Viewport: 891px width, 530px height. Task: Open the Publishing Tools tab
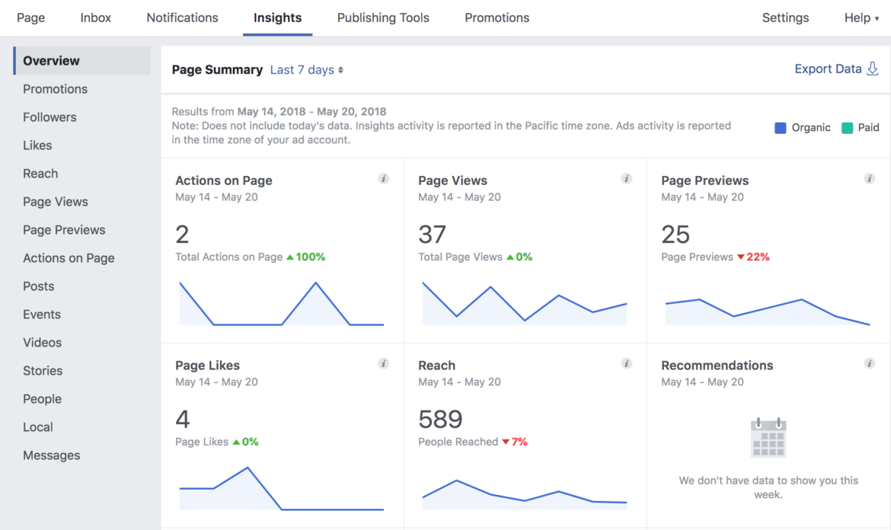383,18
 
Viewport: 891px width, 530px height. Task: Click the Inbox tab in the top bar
96,18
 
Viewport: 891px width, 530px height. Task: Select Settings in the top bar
785,18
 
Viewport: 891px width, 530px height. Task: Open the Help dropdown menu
861,18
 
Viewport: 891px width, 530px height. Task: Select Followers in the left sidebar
49,117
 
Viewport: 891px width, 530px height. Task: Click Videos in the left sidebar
42,343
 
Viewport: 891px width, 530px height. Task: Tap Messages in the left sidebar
51,455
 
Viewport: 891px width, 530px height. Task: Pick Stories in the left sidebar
43,371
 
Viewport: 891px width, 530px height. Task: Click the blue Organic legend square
780,128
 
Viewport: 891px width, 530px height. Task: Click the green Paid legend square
847,128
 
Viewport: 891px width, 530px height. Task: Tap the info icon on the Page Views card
627,179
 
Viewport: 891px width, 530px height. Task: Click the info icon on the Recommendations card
870,364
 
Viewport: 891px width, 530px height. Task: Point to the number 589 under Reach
440,420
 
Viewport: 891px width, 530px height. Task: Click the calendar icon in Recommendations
768,438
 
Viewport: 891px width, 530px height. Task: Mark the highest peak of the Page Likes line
247,468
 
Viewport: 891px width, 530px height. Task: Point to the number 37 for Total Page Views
432,235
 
